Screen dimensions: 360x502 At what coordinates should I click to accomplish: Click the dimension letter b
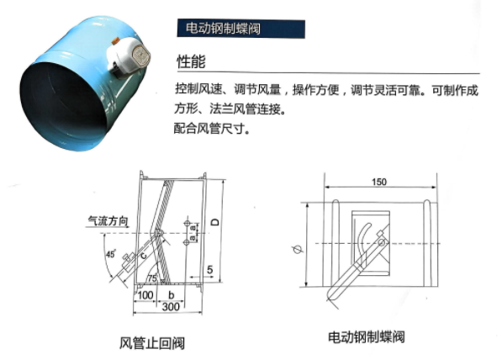171,296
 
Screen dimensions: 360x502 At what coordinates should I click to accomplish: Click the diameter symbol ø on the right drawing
296,249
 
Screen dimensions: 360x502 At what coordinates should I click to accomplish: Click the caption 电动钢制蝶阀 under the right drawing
367,337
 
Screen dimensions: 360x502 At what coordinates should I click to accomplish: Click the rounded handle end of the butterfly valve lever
334,294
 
